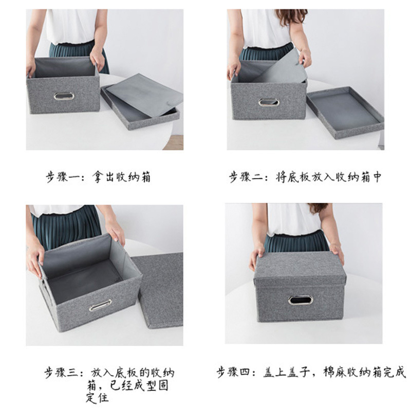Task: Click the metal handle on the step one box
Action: click(x=64, y=96)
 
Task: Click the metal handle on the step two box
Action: click(x=269, y=102)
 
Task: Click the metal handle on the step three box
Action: click(x=100, y=305)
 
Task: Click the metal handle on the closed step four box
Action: click(x=300, y=300)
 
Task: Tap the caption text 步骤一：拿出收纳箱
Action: click(x=98, y=178)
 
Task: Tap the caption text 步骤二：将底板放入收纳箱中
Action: click(x=306, y=177)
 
